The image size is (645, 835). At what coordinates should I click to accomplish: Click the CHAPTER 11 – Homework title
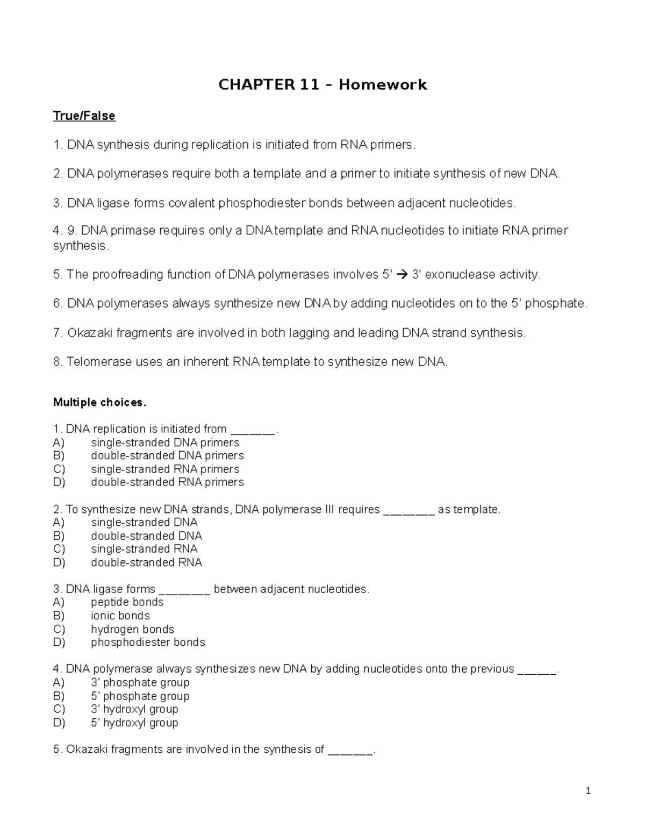click(x=322, y=85)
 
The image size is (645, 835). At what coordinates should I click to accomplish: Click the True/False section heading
click(x=84, y=116)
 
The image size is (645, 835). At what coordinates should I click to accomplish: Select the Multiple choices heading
click(x=99, y=402)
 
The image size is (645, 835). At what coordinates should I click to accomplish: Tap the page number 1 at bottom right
click(x=588, y=791)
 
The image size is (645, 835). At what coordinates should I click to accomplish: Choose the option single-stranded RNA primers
click(x=165, y=469)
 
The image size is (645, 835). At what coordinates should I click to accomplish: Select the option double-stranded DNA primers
click(x=167, y=455)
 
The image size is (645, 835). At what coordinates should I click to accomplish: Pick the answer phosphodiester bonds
click(x=148, y=642)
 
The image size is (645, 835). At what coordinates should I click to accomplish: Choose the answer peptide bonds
click(x=127, y=602)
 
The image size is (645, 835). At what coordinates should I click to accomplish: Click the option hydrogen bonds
click(x=132, y=629)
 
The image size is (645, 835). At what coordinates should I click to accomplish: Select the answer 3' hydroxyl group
click(x=134, y=709)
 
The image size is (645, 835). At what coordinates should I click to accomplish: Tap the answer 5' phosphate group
click(x=140, y=696)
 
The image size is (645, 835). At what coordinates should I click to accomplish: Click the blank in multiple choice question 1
click(x=253, y=430)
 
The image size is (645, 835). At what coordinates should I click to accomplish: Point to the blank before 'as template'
click(x=408, y=510)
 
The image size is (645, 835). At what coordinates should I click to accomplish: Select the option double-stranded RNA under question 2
click(x=146, y=562)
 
